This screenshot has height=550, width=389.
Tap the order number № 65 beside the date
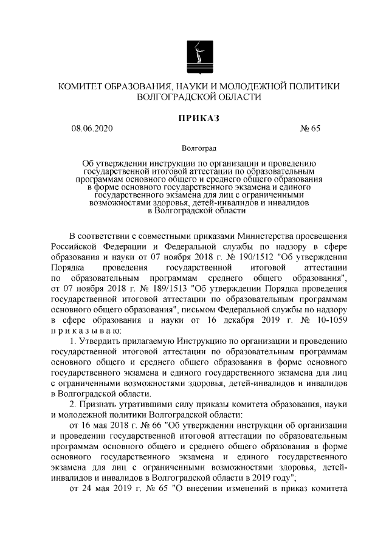tap(310, 128)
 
